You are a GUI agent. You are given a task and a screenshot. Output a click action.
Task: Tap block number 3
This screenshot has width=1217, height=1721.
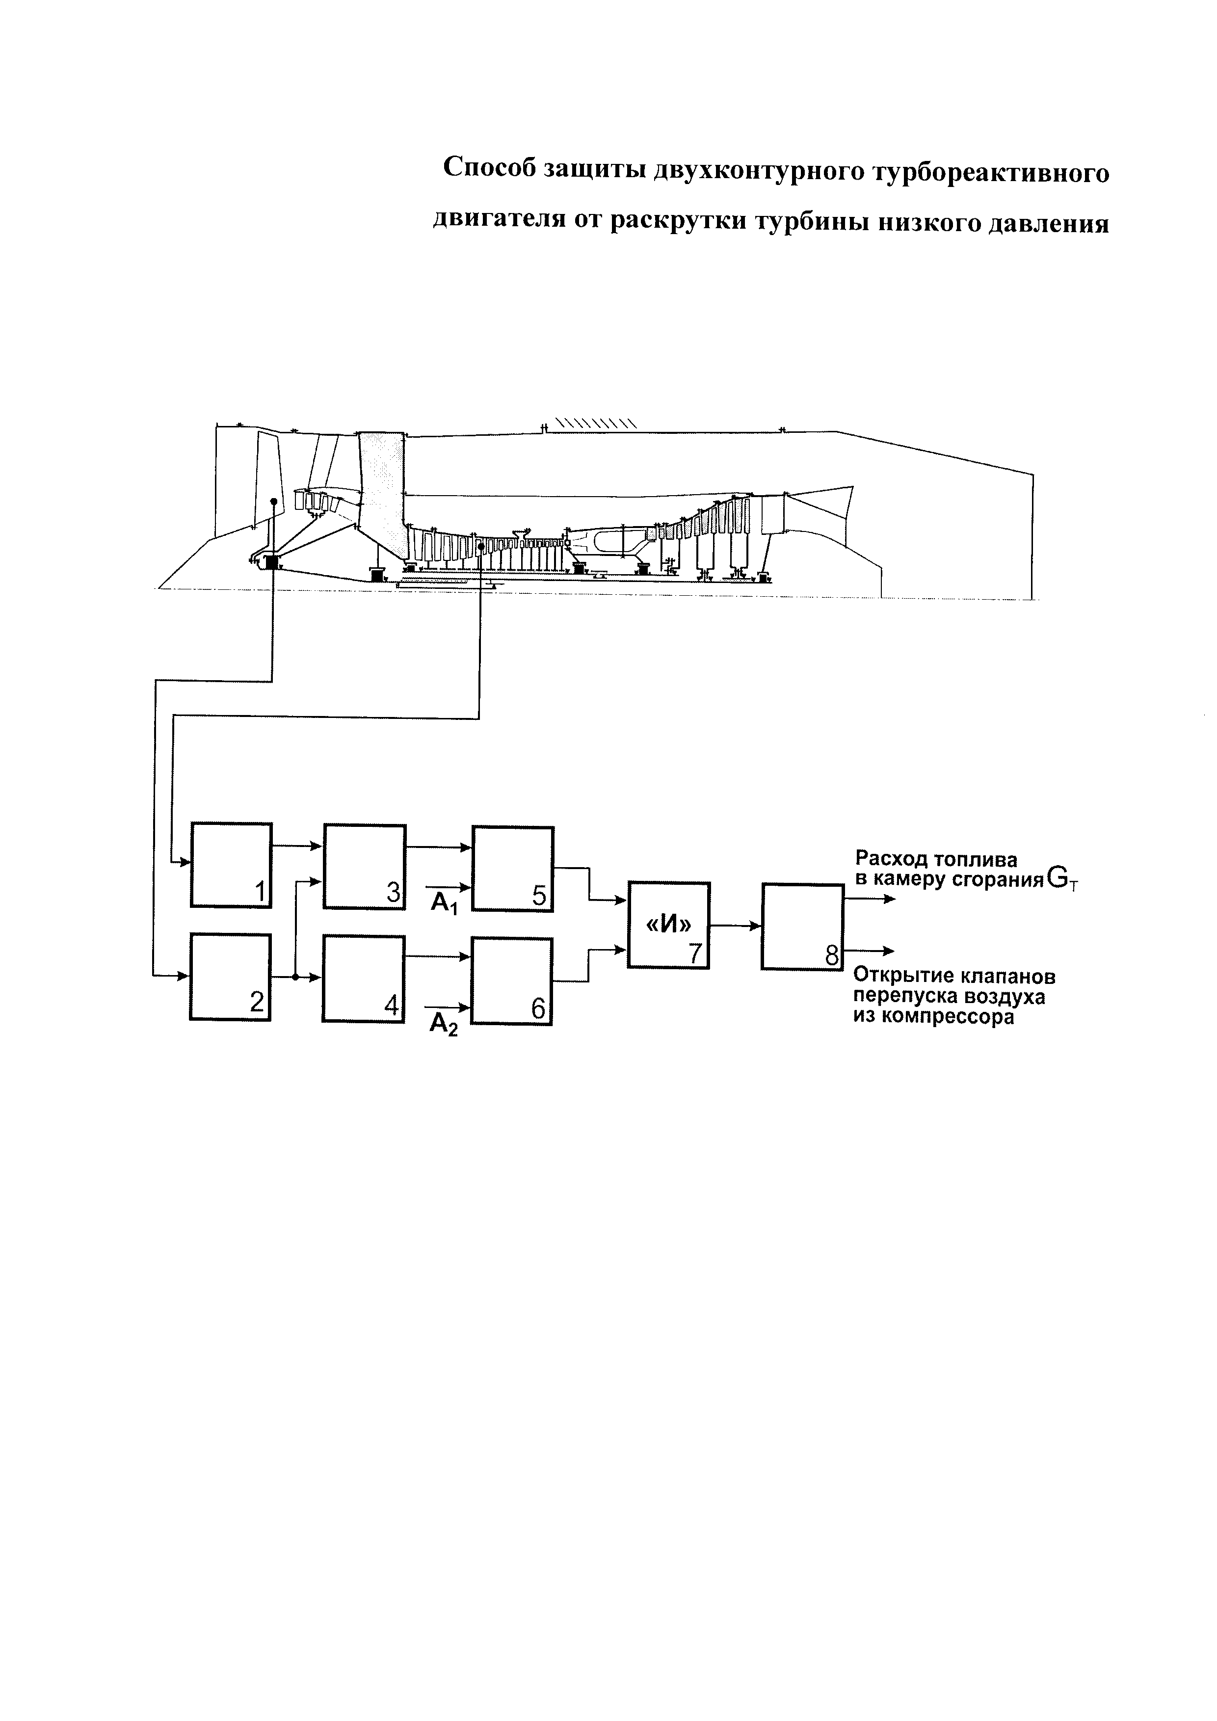click(364, 867)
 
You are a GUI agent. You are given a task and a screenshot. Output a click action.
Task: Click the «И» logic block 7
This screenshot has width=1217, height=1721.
click(668, 925)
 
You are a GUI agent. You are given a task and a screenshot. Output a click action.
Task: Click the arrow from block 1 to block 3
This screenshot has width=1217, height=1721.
click(297, 846)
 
